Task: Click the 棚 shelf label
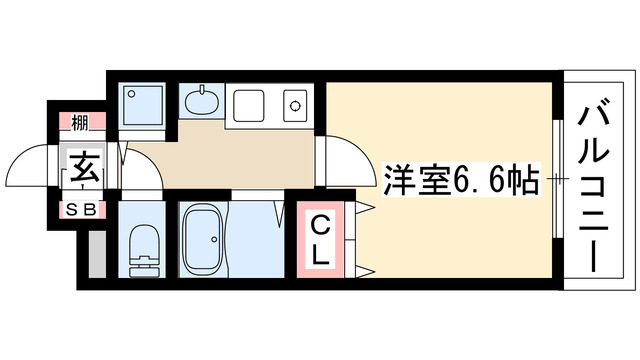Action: [78, 123]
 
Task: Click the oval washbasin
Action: [203, 102]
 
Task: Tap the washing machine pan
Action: [144, 104]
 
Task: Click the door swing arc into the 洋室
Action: [340, 160]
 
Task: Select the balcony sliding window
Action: [555, 180]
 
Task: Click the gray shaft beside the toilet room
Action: [95, 256]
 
